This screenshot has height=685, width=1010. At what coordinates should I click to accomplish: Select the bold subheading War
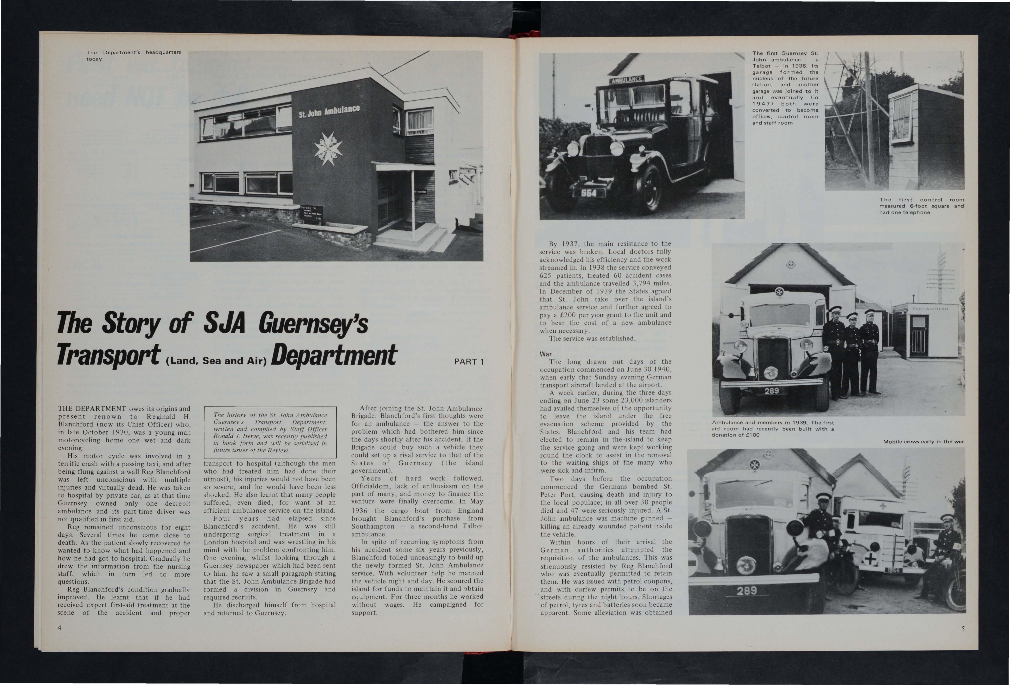pyautogui.click(x=546, y=354)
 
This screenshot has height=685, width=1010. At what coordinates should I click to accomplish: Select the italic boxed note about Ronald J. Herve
pyautogui.click(x=270, y=432)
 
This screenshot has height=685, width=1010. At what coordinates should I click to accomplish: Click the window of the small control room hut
pyautogui.click(x=902, y=116)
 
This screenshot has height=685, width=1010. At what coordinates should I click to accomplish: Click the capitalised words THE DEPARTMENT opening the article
pyautogui.click(x=92, y=409)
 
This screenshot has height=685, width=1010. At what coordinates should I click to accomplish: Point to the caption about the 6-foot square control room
pyautogui.click(x=921, y=206)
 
